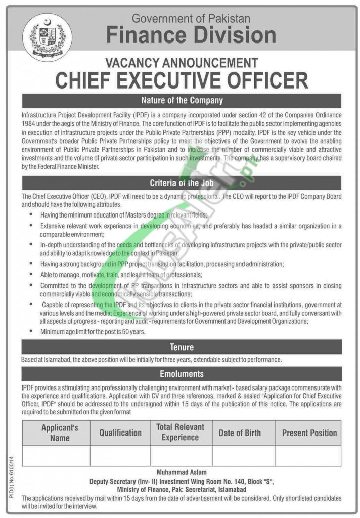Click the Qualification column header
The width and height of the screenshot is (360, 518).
tap(120, 433)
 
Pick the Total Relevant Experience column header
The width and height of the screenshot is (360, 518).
tap(181, 433)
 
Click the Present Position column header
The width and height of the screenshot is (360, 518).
tap(309, 433)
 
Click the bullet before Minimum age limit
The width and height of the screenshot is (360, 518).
tap(33, 332)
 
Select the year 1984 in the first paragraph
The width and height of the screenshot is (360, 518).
tap(27, 123)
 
